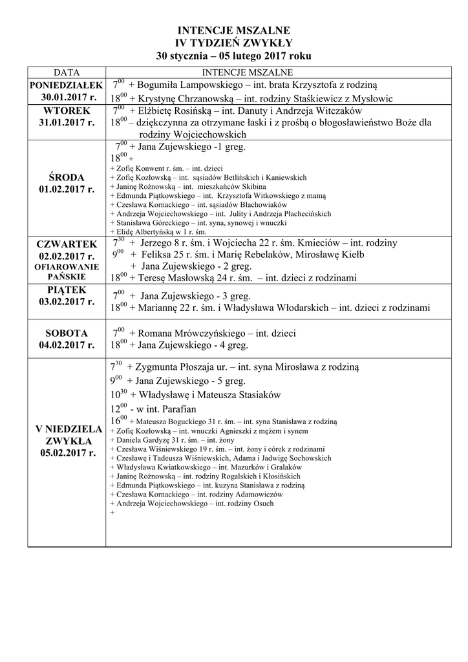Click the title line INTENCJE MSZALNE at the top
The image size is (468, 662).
234,30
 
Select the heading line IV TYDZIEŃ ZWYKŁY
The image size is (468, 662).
234,43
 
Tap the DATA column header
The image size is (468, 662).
66,72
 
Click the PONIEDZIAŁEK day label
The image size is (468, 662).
66,85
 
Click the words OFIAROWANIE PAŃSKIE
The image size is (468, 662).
67,272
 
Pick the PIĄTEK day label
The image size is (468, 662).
67,290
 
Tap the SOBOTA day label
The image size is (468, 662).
67,333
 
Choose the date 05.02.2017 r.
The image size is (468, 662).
67,453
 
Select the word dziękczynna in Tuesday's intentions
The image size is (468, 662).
163,122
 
